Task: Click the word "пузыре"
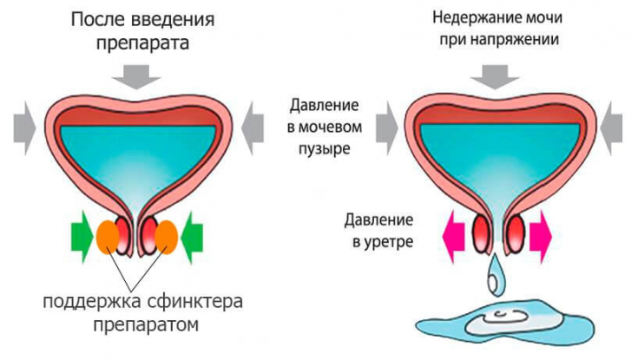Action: [326, 148]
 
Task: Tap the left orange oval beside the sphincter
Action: [109, 236]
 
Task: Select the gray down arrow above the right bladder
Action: [496, 75]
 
